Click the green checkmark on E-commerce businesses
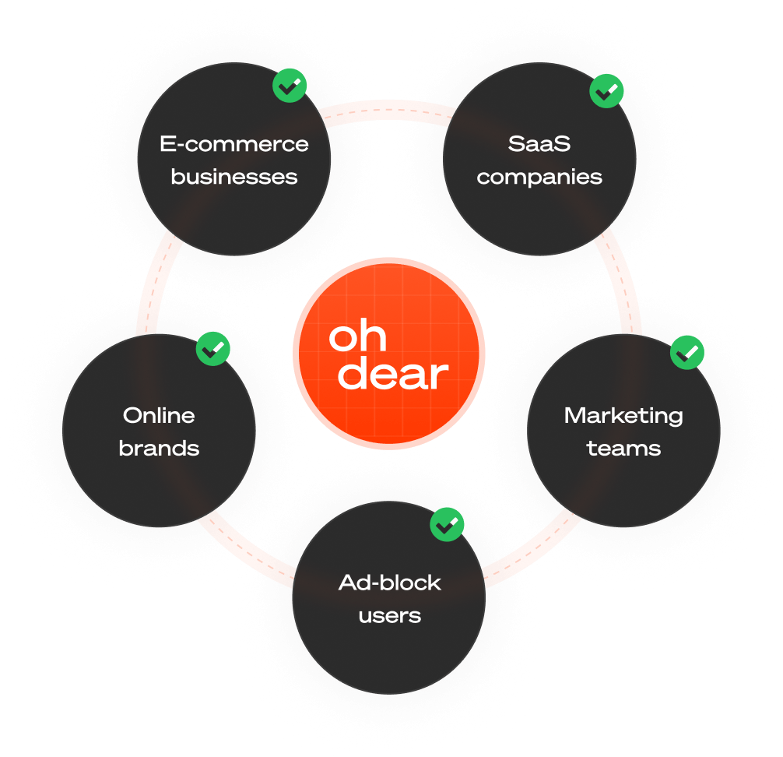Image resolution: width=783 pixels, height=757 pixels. (290, 86)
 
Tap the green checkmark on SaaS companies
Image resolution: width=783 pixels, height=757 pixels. (607, 90)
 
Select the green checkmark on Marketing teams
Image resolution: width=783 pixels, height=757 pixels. (687, 353)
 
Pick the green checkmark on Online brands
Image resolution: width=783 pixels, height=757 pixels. (212, 349)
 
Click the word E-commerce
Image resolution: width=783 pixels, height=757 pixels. (234, 144)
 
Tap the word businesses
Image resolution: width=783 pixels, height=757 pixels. (234, 177)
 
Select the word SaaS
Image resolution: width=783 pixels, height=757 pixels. (539, 144)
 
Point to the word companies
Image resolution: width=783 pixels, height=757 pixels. (539, 178)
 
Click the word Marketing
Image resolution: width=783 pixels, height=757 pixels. (623, 415)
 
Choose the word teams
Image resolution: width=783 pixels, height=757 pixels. (623, 449)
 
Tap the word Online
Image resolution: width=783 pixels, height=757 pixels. (159, 415)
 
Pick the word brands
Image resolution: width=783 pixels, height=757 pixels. (159, 449)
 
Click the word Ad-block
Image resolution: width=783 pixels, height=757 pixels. (390, 583)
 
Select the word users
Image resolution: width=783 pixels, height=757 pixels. (390, 616)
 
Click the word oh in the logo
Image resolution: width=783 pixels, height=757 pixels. (357, 337)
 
